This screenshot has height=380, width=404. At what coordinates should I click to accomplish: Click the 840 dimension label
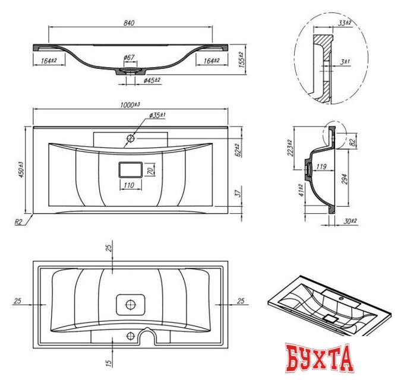[x=129, y=23]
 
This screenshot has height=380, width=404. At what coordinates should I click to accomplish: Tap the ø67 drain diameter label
[x=129, y=57]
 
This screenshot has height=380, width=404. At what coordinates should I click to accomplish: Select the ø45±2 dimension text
[x=152, y=80]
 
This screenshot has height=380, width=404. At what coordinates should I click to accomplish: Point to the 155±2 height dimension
[x=241, y=59]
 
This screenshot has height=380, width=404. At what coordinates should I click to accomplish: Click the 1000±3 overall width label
[x=130, y=104]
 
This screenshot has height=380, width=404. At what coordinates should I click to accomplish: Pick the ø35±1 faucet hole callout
[x=157, y=115]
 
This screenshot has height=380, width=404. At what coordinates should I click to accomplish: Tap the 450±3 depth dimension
[x=21, y=170]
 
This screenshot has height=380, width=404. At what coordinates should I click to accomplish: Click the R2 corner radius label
[x=18, y=222]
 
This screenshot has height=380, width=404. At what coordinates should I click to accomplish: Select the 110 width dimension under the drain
[x=129, y=185]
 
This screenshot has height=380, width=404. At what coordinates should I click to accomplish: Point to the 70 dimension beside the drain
[x=151, y=170]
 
